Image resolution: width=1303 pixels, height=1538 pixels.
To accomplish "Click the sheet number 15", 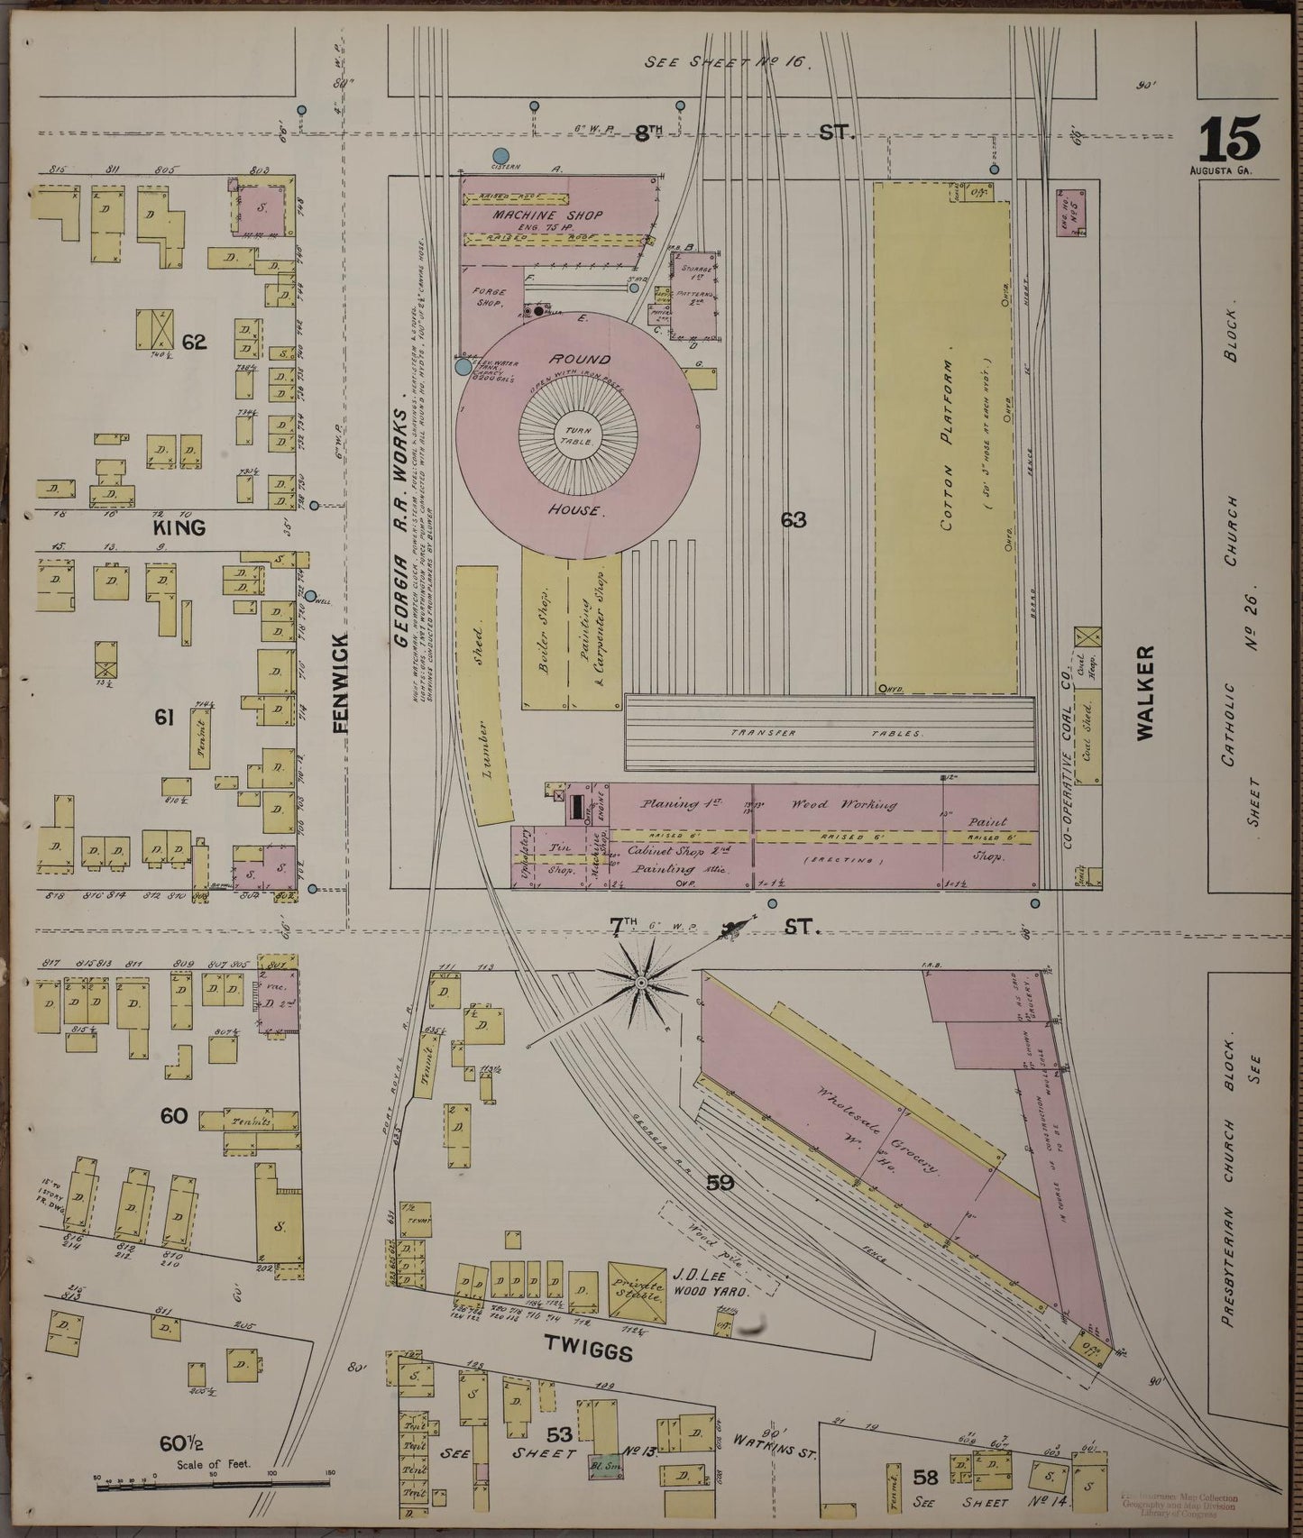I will click(x=1229, y=140).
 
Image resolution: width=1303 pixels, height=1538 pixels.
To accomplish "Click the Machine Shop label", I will click(x=547, y=216).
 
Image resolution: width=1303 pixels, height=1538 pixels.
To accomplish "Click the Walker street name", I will click(x=1144, y=692).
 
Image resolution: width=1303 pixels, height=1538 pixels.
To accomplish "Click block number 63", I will click(x=794, y=520).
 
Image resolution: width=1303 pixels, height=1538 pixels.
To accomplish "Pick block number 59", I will click(x=720, y=1183).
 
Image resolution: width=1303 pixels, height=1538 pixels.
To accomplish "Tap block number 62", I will click(x=194, y=342).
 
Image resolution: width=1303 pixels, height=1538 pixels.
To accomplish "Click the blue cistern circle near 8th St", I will click(x=501, y=156).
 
